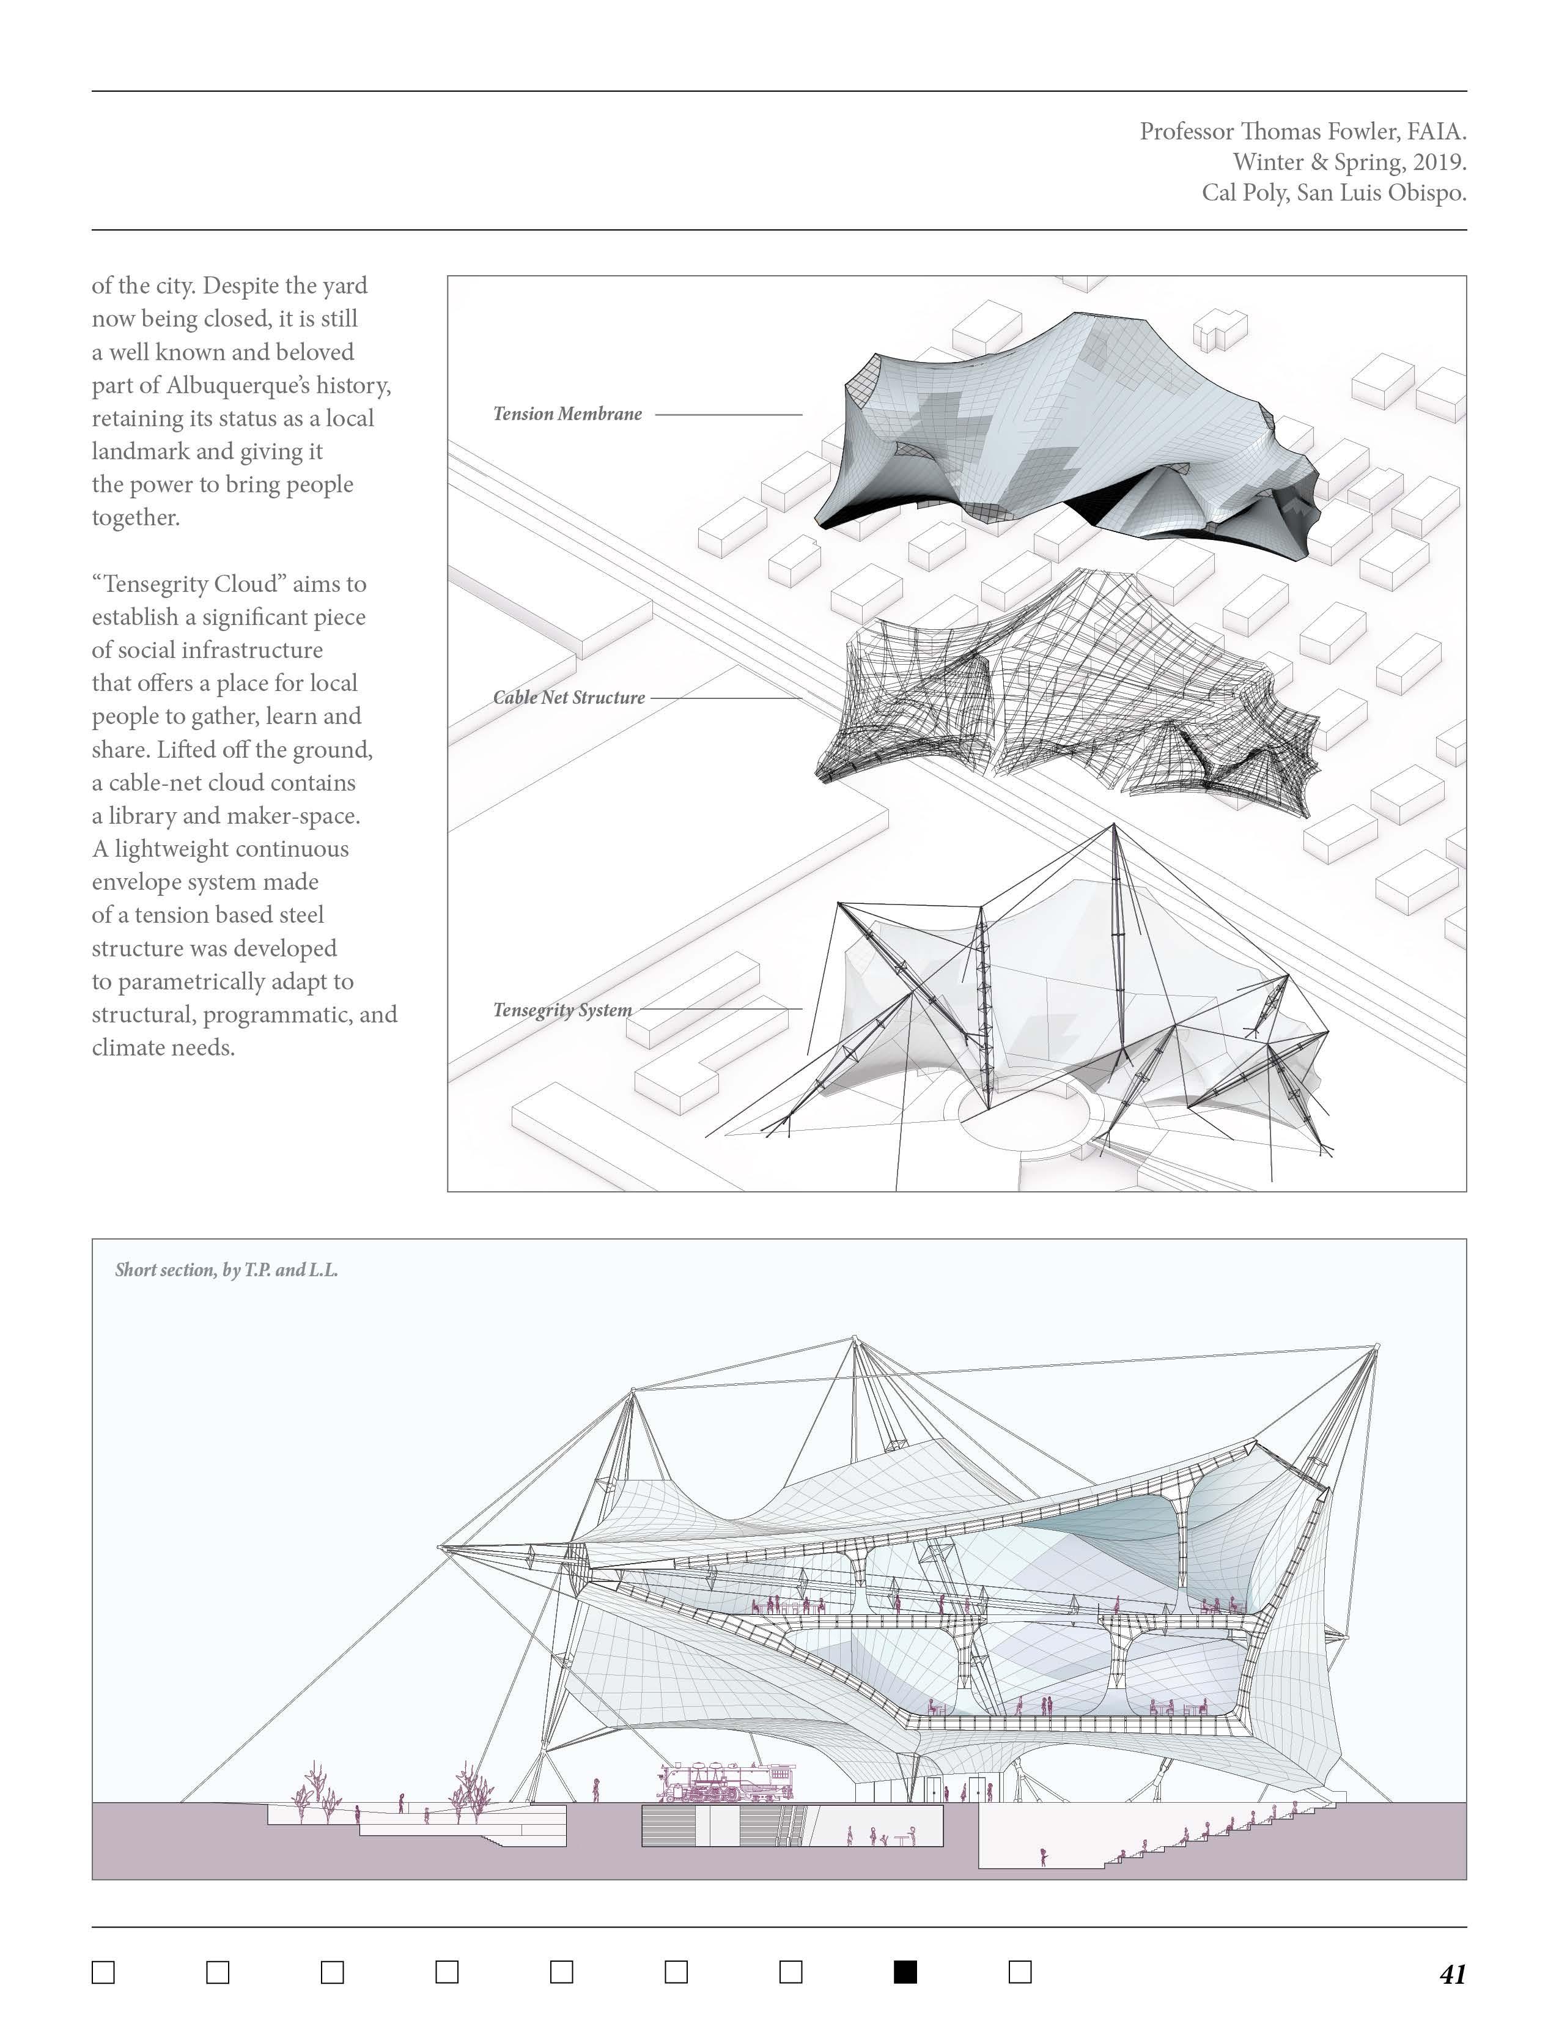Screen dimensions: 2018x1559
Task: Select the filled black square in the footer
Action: click(x=905, y=1972)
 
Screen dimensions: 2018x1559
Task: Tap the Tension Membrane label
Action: click(x=567, y=414)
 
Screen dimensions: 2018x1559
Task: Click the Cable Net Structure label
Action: click(x=569, y=698)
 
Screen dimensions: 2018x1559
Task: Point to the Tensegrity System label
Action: click(x=562, y=1010)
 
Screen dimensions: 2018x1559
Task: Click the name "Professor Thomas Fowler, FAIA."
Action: click(x=1302, y=131)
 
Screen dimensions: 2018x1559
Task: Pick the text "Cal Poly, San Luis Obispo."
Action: click(x=1333, y=193)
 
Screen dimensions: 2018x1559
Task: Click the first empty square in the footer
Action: click(x=103, y=1972)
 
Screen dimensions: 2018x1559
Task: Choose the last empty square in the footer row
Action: click(x=1020, y=1972)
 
